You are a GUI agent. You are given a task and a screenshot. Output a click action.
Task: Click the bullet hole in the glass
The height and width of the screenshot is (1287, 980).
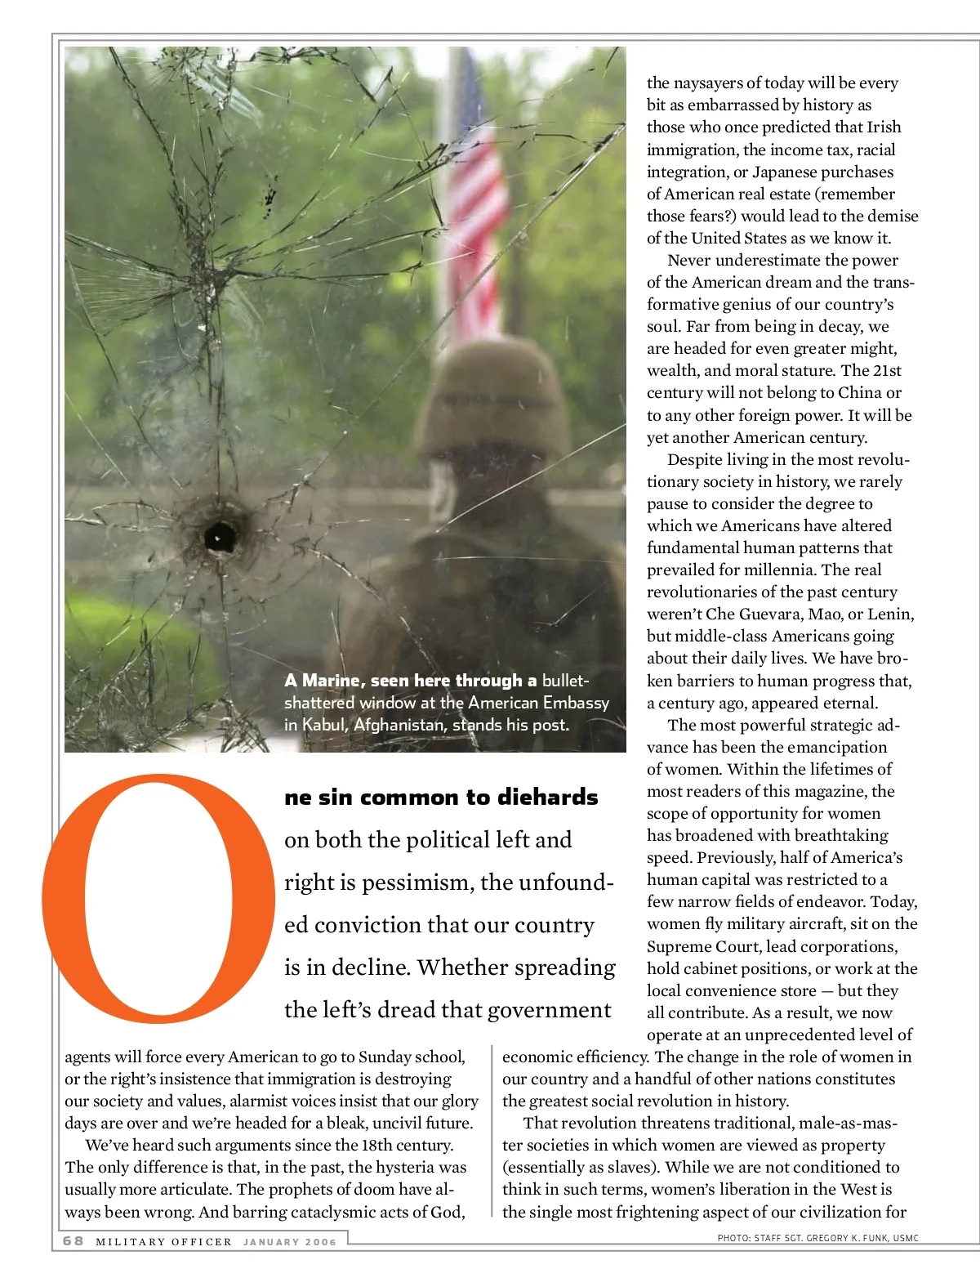[219, 537]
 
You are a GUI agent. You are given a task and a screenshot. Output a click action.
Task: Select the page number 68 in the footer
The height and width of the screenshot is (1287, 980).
[73, 1240]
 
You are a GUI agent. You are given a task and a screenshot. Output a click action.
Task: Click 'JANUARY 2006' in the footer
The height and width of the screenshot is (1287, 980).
[290, 1242]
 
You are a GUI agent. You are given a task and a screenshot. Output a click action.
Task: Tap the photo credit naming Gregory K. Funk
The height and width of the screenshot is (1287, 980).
[817, 1238]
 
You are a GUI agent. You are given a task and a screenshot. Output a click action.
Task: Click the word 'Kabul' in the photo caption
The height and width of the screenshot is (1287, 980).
[323, 725]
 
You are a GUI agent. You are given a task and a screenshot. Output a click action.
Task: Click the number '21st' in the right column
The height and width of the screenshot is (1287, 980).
[887, 370]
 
